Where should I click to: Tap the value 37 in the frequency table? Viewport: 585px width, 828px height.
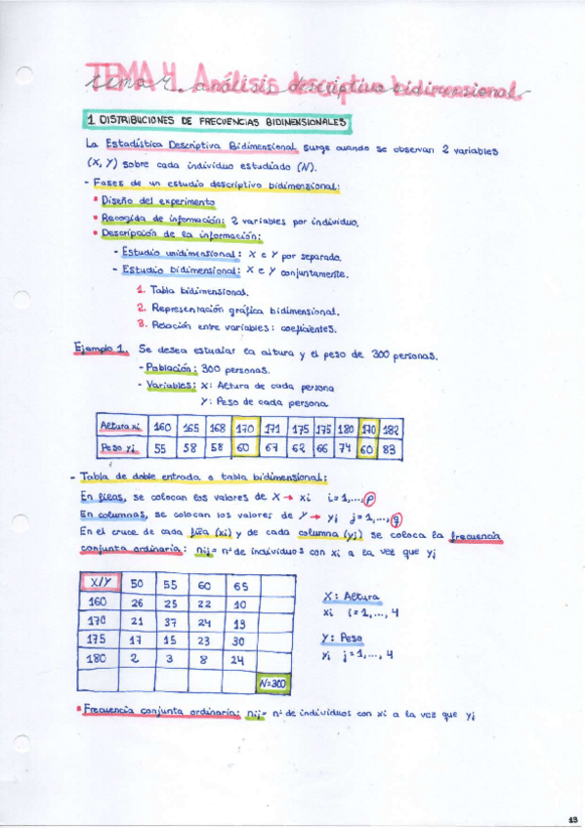pos(170,621)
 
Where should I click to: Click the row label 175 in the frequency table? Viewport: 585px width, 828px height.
pos(97,640)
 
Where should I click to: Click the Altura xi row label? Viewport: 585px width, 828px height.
pos(121,427)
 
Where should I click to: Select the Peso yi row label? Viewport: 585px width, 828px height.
pos(121,448)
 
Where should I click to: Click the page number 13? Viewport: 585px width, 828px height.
pos(572,818)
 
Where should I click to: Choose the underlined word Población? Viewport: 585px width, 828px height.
pos(171,369)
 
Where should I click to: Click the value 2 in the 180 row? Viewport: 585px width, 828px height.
pos(136,659)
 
